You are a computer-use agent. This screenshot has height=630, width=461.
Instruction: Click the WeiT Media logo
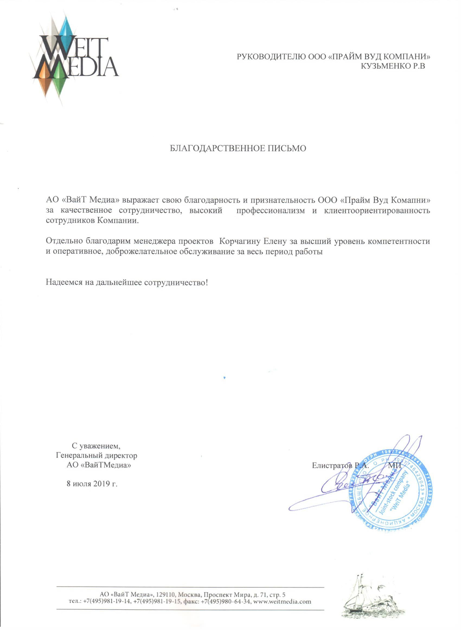pos(74,59)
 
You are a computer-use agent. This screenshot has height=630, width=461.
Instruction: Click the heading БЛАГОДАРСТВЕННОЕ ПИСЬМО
pos(238,149)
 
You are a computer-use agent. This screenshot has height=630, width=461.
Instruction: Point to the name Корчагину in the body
pos(240,241)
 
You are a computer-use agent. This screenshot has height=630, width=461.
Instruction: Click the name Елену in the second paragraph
pos(275,241)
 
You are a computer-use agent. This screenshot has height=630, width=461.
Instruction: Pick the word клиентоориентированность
pos(377,211)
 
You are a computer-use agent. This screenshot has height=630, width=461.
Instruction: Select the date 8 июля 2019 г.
pos(92,484)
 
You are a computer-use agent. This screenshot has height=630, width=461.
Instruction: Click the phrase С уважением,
pos(96,445)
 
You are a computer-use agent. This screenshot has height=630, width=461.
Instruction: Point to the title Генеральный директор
pos(96,455)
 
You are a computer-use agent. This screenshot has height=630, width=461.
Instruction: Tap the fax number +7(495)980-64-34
pos(229,602)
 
